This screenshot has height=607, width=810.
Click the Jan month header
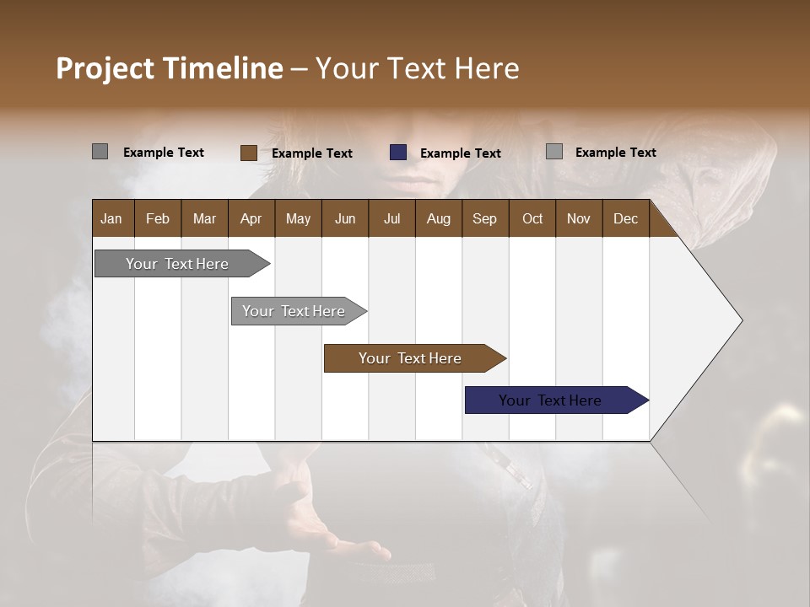[x=111, y=218]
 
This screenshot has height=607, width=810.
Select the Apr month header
[x=251, y=218]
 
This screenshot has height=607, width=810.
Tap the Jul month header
[x=391, y=218]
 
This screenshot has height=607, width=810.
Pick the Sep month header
[x=484, y=218]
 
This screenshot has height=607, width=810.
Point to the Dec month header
[x=625, y=218]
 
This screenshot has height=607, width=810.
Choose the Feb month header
[x=158, y=218]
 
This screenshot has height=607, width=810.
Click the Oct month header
[x=532, y=218]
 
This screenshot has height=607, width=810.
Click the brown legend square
[x=248, y=153]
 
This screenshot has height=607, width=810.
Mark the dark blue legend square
[x=398, y=153]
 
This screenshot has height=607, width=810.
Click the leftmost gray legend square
[x=100, y=152]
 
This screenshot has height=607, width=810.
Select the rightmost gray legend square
[x=553, y=152]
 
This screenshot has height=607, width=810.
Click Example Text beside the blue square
[x=460, y=153]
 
